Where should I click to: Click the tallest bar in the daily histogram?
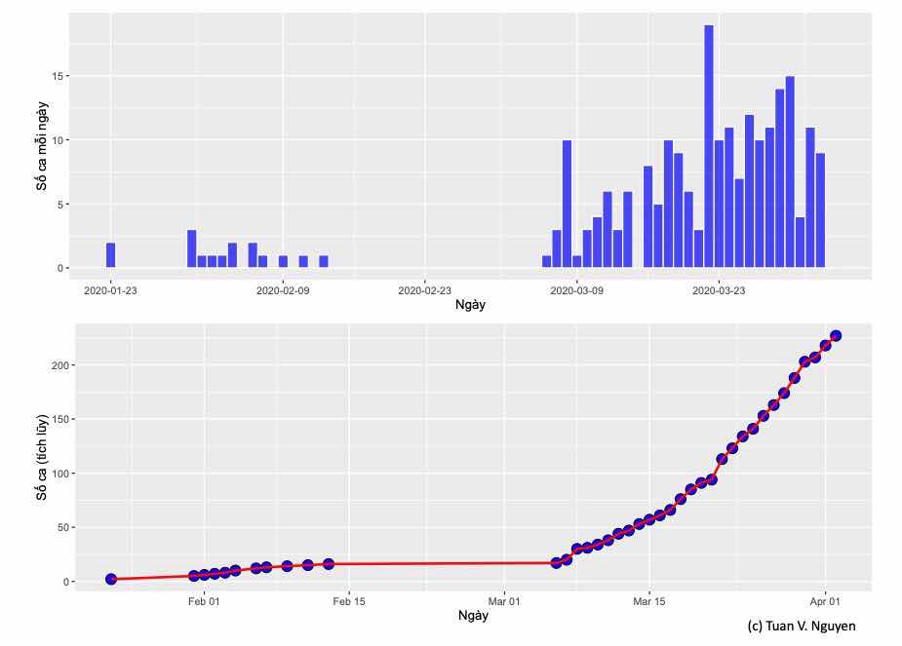[709, 146]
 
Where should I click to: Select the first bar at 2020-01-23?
[111, 255]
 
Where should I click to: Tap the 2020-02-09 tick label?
[283, 290]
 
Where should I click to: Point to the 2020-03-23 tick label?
[719, 290]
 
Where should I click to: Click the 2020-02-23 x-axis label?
[424, 290]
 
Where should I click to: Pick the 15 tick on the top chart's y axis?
[59, 76]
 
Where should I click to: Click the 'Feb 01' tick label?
[204, 601]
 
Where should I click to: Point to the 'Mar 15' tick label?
[648, 601]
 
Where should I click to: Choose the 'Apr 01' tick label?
[825, 601]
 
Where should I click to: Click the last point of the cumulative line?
[836, 336]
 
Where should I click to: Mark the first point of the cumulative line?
[111, 579]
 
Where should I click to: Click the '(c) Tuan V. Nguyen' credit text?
[801, 626]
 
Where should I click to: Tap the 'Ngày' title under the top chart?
[471, 306]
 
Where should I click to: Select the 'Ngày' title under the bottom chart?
[472, 616]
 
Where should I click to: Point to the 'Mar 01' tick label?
[504, 601]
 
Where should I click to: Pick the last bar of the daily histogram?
[820, 210]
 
